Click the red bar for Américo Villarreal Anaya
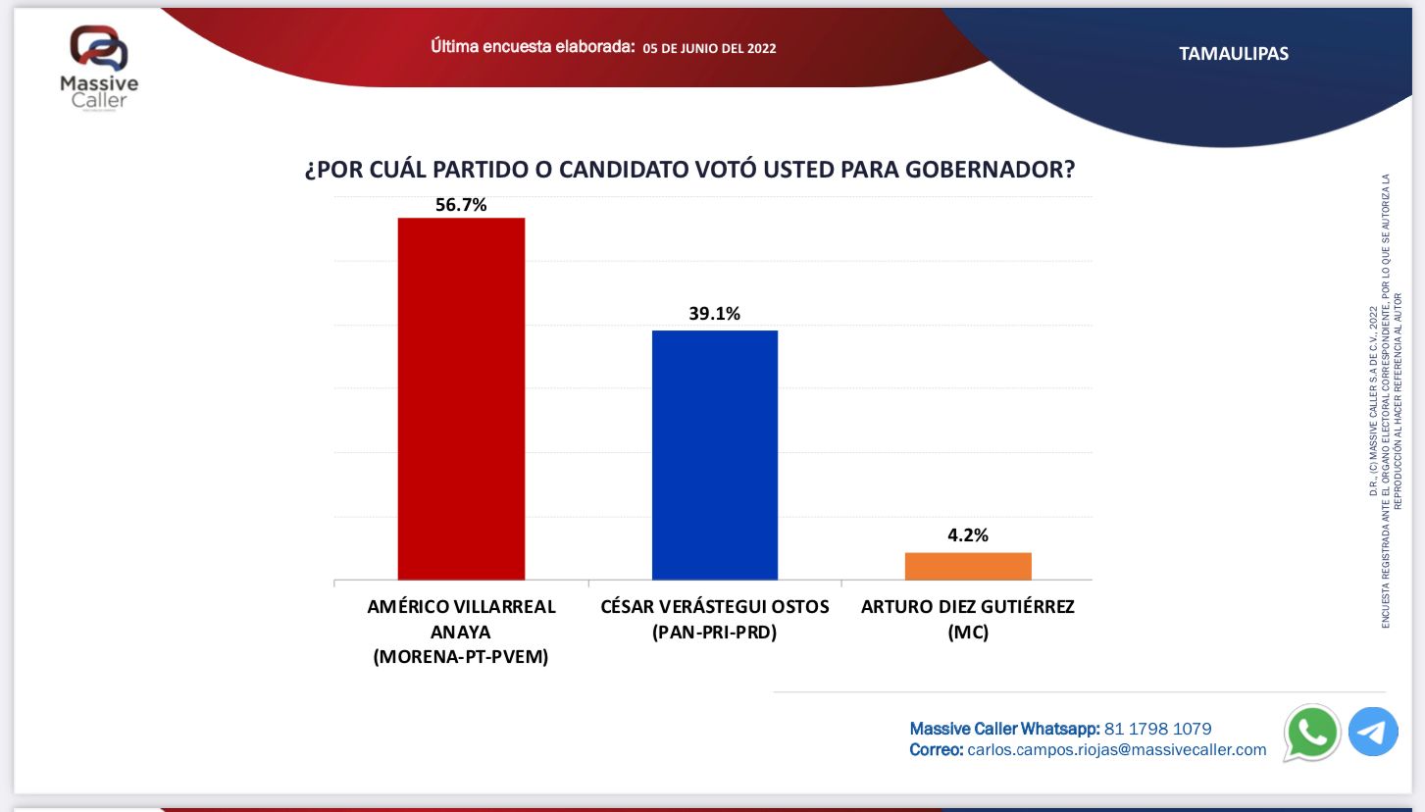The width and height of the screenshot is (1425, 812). click(461, 398)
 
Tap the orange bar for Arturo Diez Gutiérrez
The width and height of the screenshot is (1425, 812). click(968, 566)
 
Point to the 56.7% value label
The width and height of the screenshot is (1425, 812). click(461, 205)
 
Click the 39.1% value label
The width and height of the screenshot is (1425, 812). click(714, 314)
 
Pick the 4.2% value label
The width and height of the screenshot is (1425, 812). click(967, 535)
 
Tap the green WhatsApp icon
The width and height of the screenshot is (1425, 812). click(1311, 732)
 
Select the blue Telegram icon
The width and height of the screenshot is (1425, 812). click(1373, 732)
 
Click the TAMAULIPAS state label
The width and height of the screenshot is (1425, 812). click(1234, 54)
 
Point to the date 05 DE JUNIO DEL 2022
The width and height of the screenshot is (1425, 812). click(709, 48)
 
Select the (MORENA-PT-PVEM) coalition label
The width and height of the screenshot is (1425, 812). click(461, 657)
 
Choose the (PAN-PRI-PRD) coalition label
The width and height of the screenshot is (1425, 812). click(714, 633)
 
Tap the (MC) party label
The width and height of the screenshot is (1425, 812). click(968, 633)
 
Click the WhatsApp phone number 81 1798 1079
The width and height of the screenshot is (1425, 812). click(1157, 729)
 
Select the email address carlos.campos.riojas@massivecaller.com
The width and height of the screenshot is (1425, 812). click(1117, 750)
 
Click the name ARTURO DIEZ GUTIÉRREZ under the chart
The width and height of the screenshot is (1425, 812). click(968, 607)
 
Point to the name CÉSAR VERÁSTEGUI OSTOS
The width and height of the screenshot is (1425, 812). click(714, 607)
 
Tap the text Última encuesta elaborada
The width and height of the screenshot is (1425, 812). click(533, 47)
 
